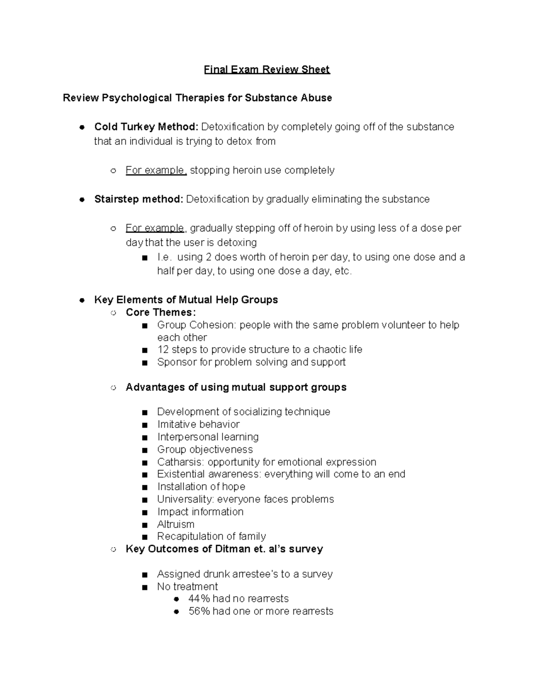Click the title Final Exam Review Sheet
coord(267,70)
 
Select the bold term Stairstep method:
coord(139,199)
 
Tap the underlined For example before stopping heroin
coord(156,170)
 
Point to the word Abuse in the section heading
coord(316,98)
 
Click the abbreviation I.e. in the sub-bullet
coord(164,257)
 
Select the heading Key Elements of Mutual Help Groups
coord(186,300)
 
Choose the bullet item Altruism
coord(176,524)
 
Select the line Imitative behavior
coord(198,425)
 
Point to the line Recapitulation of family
coord(211,536)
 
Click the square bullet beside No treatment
coord(144,587)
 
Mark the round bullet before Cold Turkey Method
coord(82,127)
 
